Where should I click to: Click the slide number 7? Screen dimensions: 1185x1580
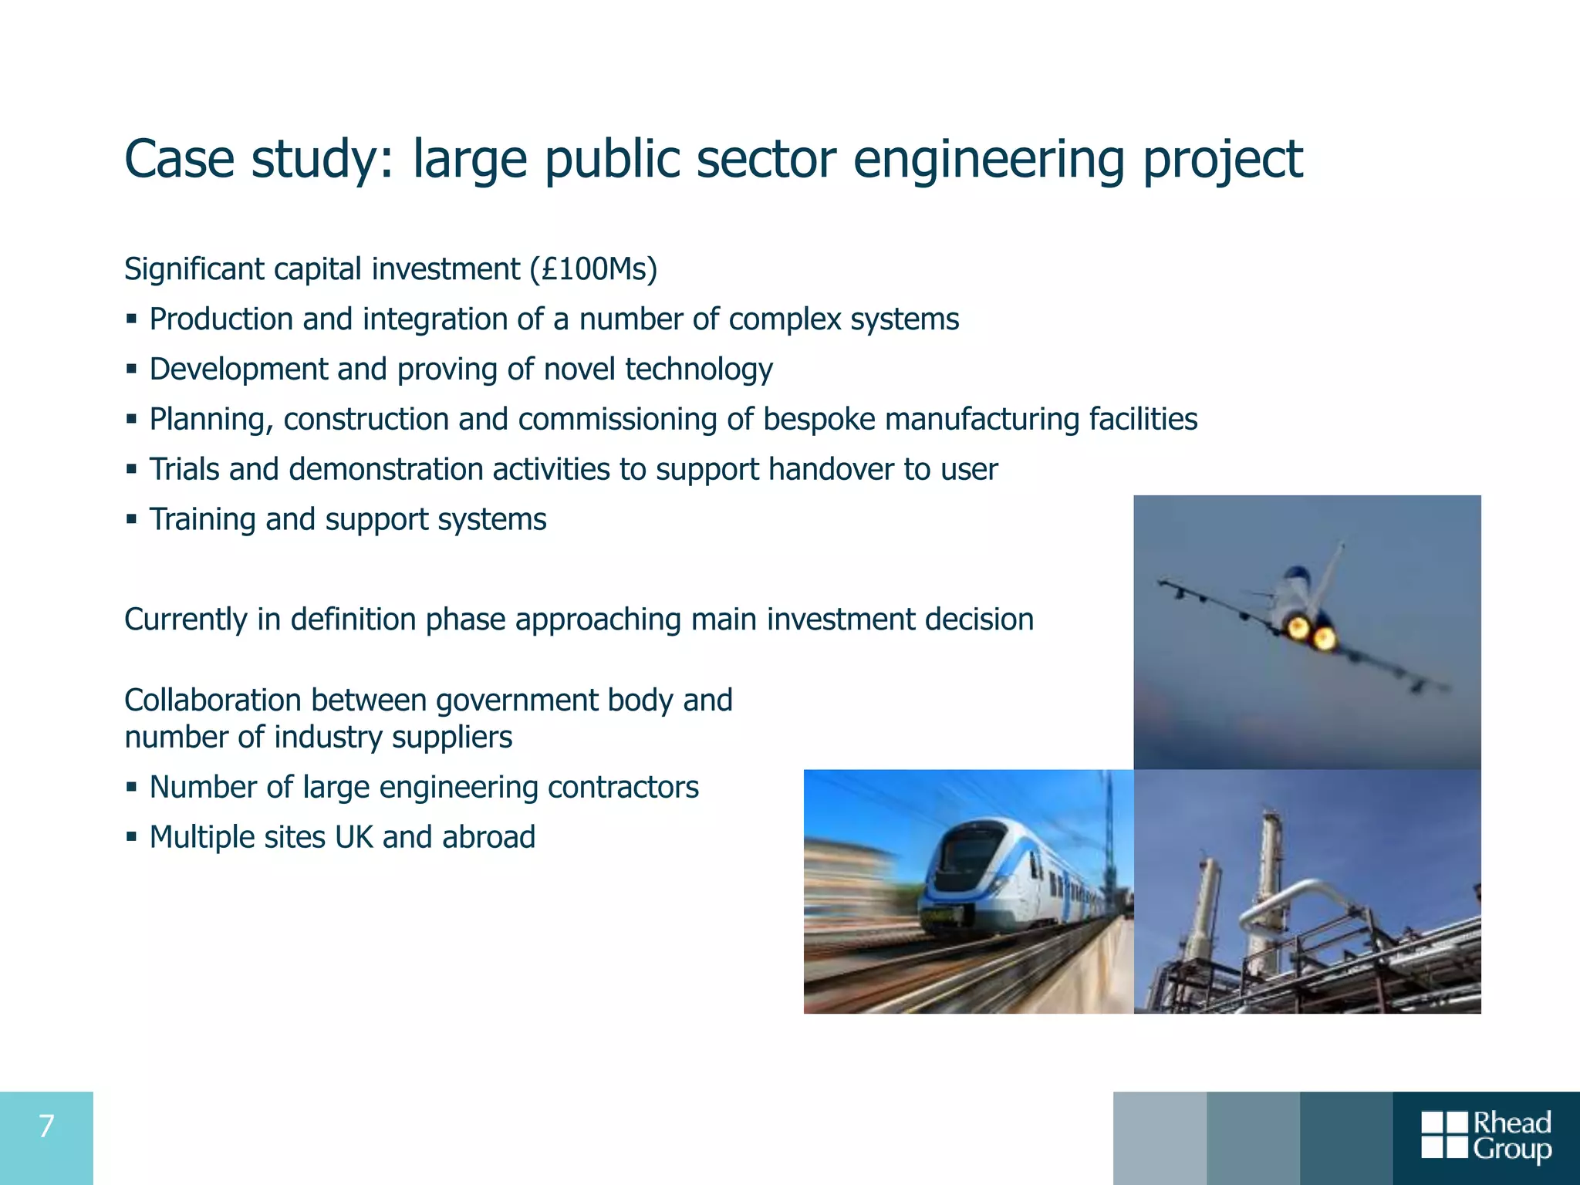pyautogui.click(x=46, y=1126)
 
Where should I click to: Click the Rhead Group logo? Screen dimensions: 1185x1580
pyautogui.click(x=1486, y=1136)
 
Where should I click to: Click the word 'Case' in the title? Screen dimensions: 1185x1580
pyautogui.click(x=179, y=160)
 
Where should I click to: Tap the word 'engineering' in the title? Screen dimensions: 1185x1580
pyautogui.click(x=988, y=160)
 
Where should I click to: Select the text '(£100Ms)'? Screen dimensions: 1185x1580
pyautogui.click(x=593, y=269)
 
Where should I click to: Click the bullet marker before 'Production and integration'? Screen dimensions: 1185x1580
pyautogui.click(x=132, y=319)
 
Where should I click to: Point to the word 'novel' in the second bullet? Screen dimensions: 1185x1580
pyautogui.click(x=579, y=369)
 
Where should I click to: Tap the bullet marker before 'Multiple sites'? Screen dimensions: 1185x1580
pyautogui.click(x=132, y=836)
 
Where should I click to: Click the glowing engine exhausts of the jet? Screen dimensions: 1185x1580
pyautogui.click(x=1311, y=633)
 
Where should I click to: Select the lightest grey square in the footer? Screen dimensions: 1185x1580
pyautogui.click(x=1160, y=1138)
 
